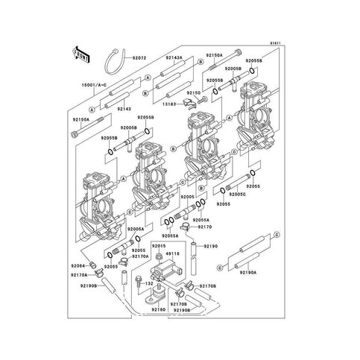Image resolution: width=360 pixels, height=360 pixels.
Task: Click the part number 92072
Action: click(x=139, y=57)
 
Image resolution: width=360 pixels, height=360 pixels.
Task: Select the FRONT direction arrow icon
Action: click(x=80, y=54)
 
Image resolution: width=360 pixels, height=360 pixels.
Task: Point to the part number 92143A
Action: click(x=174, y=57)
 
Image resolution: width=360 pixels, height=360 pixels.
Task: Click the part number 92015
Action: click(x=159, y=245)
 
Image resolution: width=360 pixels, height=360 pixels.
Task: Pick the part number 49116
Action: click(x=171, y=254)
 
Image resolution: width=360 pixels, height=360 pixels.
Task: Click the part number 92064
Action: click(x=79, y=266)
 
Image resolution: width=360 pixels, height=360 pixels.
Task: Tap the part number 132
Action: click(x=149, y=284)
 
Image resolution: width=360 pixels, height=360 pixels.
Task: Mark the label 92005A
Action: click(x=136, y=230)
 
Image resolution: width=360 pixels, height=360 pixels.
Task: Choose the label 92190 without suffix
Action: click(x=210, y=245)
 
